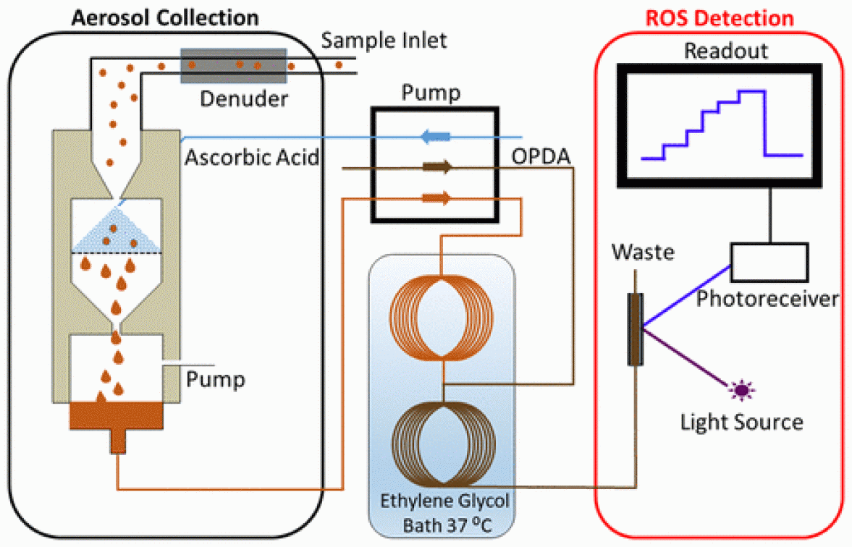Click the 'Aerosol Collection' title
click(164, 15)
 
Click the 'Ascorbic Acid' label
click(251, 157)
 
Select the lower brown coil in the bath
click(442, 444)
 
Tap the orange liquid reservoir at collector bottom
click(116, 416)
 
